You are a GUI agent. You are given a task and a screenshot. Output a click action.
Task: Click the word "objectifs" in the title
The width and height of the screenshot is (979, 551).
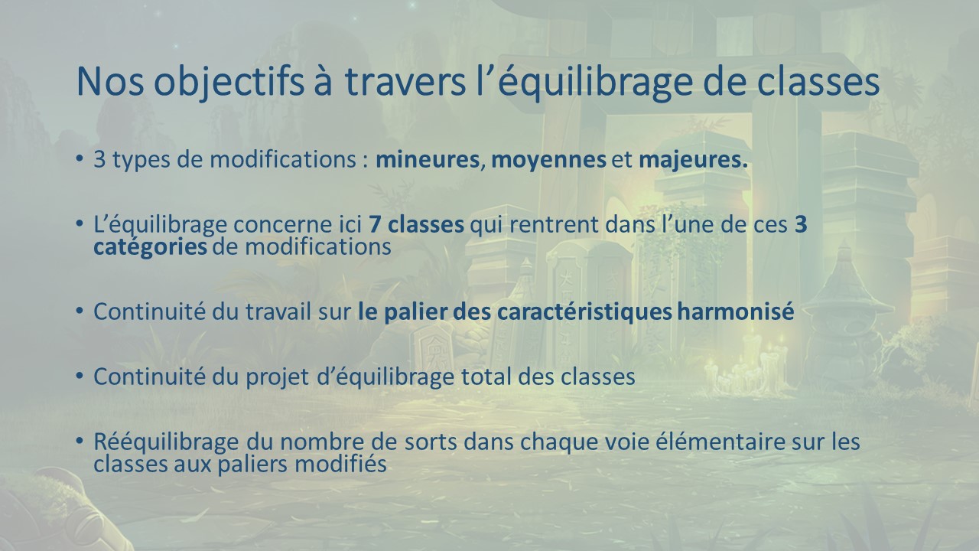tap(228, 82)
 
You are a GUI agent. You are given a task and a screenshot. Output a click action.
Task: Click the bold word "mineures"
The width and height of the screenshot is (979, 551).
tap(428, 159)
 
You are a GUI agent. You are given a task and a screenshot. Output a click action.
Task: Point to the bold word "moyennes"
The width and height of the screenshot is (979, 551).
tap(548, 161)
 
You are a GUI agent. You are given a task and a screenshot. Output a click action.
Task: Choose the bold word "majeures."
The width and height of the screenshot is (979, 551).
tap(693, 161)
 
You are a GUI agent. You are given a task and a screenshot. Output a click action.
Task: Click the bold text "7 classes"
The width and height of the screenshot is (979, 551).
tap(416, 224)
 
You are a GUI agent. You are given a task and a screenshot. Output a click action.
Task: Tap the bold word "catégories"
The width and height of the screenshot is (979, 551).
tap(150, 248)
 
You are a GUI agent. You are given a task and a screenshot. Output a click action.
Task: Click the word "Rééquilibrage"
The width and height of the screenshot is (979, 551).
tap(166, 442)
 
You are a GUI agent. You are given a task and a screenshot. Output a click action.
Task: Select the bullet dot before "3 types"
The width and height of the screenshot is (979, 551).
tap(79, 158)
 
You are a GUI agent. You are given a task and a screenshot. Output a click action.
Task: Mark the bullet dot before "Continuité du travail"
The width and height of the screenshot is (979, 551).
tap(79, 311)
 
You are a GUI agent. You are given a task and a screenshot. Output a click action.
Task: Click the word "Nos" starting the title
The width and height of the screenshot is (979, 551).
tap(109, 82)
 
